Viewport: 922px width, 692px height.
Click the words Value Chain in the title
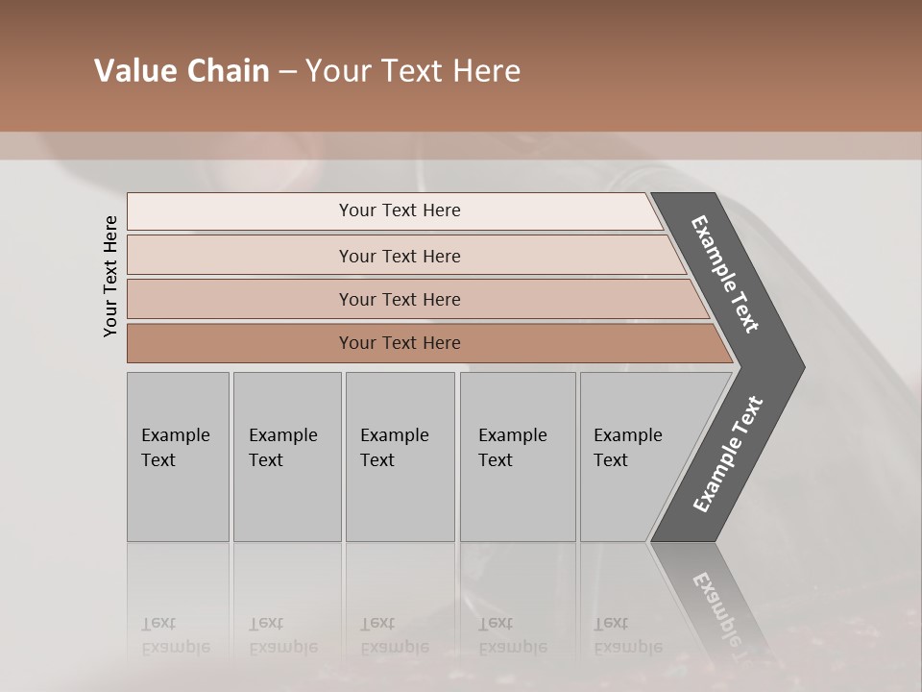point(182,71)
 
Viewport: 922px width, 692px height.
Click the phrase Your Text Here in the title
point(413,71)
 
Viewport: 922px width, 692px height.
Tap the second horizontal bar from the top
point(400,256)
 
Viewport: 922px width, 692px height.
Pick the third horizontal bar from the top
point(400,299)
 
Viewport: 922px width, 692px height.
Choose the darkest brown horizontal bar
point(400,343)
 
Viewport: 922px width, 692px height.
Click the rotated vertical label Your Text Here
point(110,276)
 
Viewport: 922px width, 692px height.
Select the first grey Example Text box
point(178,456)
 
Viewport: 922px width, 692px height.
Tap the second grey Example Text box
point(286,456)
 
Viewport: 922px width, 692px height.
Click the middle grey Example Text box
point(400,456)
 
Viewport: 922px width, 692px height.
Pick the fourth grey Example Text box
point(517,456)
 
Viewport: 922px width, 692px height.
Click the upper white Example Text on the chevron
point(726,275)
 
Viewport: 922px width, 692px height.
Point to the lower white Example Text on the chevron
point(728,454)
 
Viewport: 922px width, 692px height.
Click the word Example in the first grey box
point(175,435)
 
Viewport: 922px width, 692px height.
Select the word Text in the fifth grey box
point(611,460)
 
